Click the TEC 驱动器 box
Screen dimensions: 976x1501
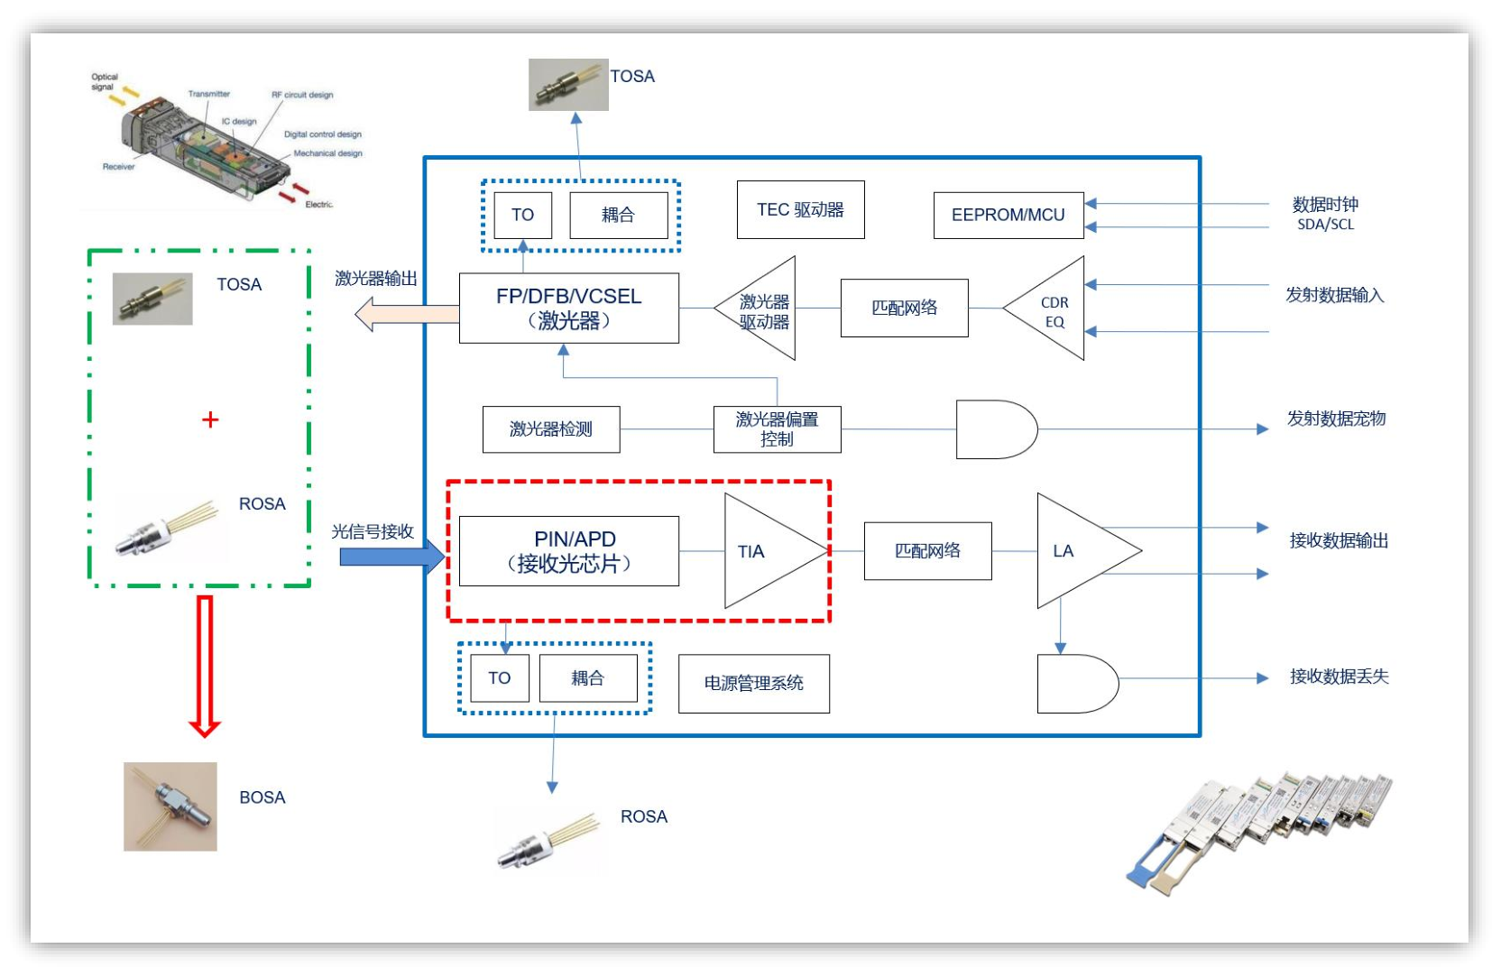800,210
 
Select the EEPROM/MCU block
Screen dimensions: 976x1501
1008,215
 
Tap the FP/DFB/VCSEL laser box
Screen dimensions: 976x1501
568,308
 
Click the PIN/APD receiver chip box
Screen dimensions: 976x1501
568,551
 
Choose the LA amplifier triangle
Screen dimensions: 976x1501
1077,550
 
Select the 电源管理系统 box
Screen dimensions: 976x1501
753,684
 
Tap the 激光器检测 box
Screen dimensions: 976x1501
550,429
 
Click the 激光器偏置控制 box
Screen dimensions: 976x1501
777,429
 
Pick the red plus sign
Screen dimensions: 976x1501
210,419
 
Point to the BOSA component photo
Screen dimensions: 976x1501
170,806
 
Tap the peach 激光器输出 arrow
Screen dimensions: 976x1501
406,315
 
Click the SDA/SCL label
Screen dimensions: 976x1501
1325,225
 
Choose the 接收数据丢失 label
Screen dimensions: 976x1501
1339,677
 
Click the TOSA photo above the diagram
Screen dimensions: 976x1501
567,85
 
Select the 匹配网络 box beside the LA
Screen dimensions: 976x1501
927,551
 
